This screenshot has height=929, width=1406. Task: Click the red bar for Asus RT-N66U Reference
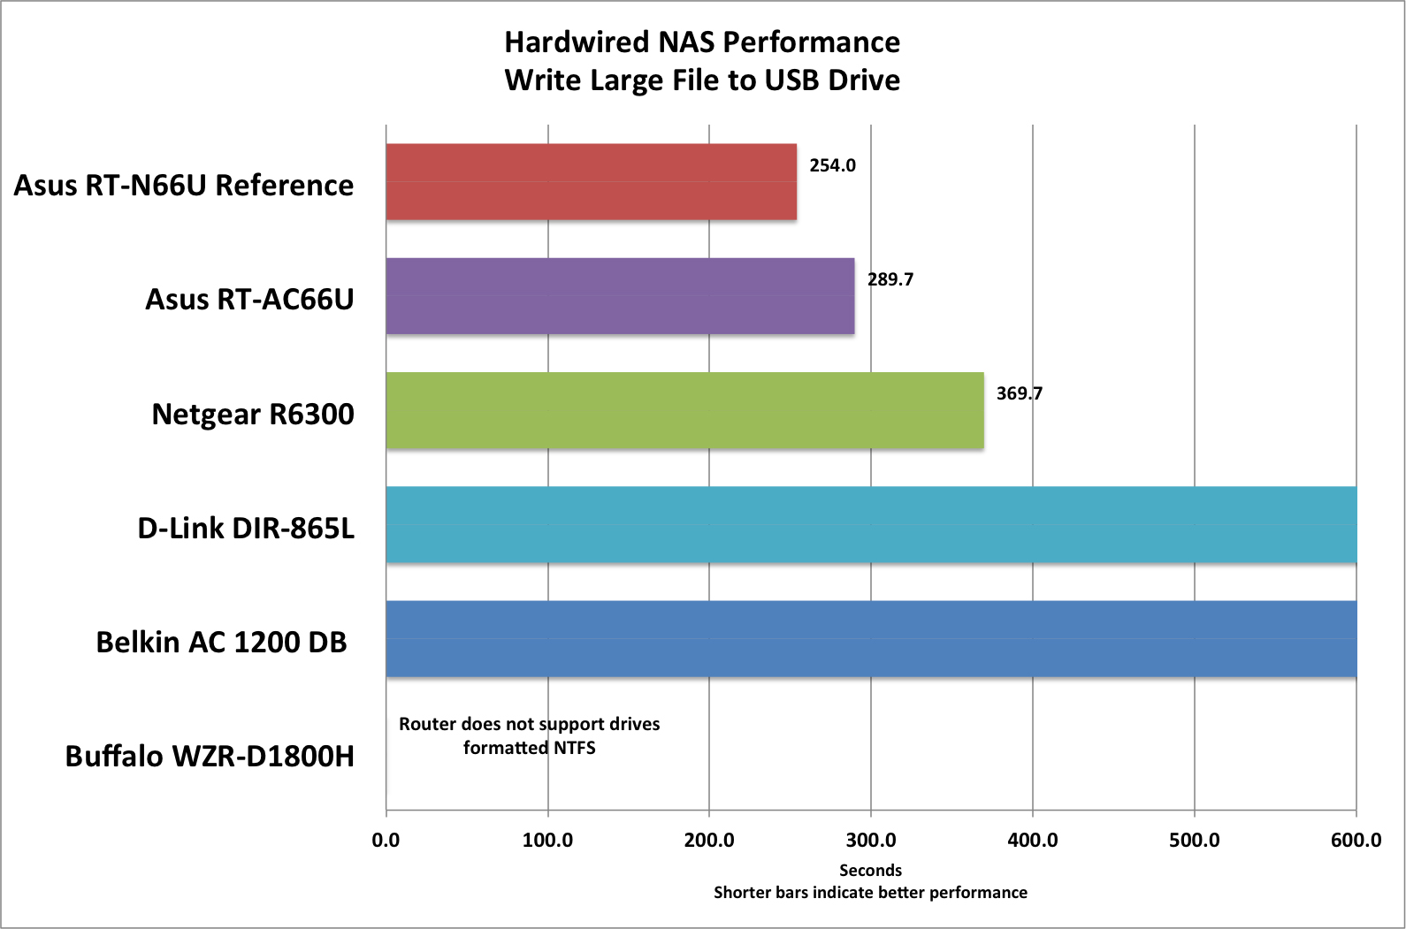pos(591,181)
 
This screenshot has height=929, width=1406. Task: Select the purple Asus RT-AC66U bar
pos(620,296)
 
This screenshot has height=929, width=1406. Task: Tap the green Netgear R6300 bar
pos(684,410)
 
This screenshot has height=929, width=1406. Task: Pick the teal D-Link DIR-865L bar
pos(871,524)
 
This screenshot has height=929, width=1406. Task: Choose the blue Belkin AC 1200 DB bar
pos(871,638)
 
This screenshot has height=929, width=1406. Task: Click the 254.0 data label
pos(832,165)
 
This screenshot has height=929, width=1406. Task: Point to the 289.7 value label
pos(890,279)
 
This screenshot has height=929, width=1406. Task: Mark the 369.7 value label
pos(1019,393)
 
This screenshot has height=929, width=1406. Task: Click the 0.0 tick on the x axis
pos(386,840)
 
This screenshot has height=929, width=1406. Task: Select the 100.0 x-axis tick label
pos(547,840)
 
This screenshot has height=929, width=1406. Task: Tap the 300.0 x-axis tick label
pos(871,840)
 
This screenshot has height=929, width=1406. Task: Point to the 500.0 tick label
pos(1194,840)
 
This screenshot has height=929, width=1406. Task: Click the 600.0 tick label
pos(1356,840)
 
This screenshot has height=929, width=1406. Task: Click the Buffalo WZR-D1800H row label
pos(210,757)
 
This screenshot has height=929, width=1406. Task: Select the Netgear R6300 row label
pos(253,414)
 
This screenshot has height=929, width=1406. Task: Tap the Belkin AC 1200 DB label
pos(221,642)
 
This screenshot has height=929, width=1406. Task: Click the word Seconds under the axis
pos(870,871)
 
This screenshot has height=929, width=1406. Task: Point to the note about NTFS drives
pos(529,735)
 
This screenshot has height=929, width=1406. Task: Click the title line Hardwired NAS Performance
pos(702,42)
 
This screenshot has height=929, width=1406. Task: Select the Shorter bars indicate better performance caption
pos(870,893)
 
